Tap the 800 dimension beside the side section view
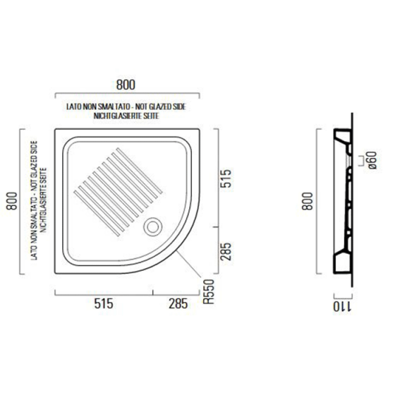pos(305,204)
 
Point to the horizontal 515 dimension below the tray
pos(104,304)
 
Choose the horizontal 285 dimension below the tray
pos(178,304)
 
